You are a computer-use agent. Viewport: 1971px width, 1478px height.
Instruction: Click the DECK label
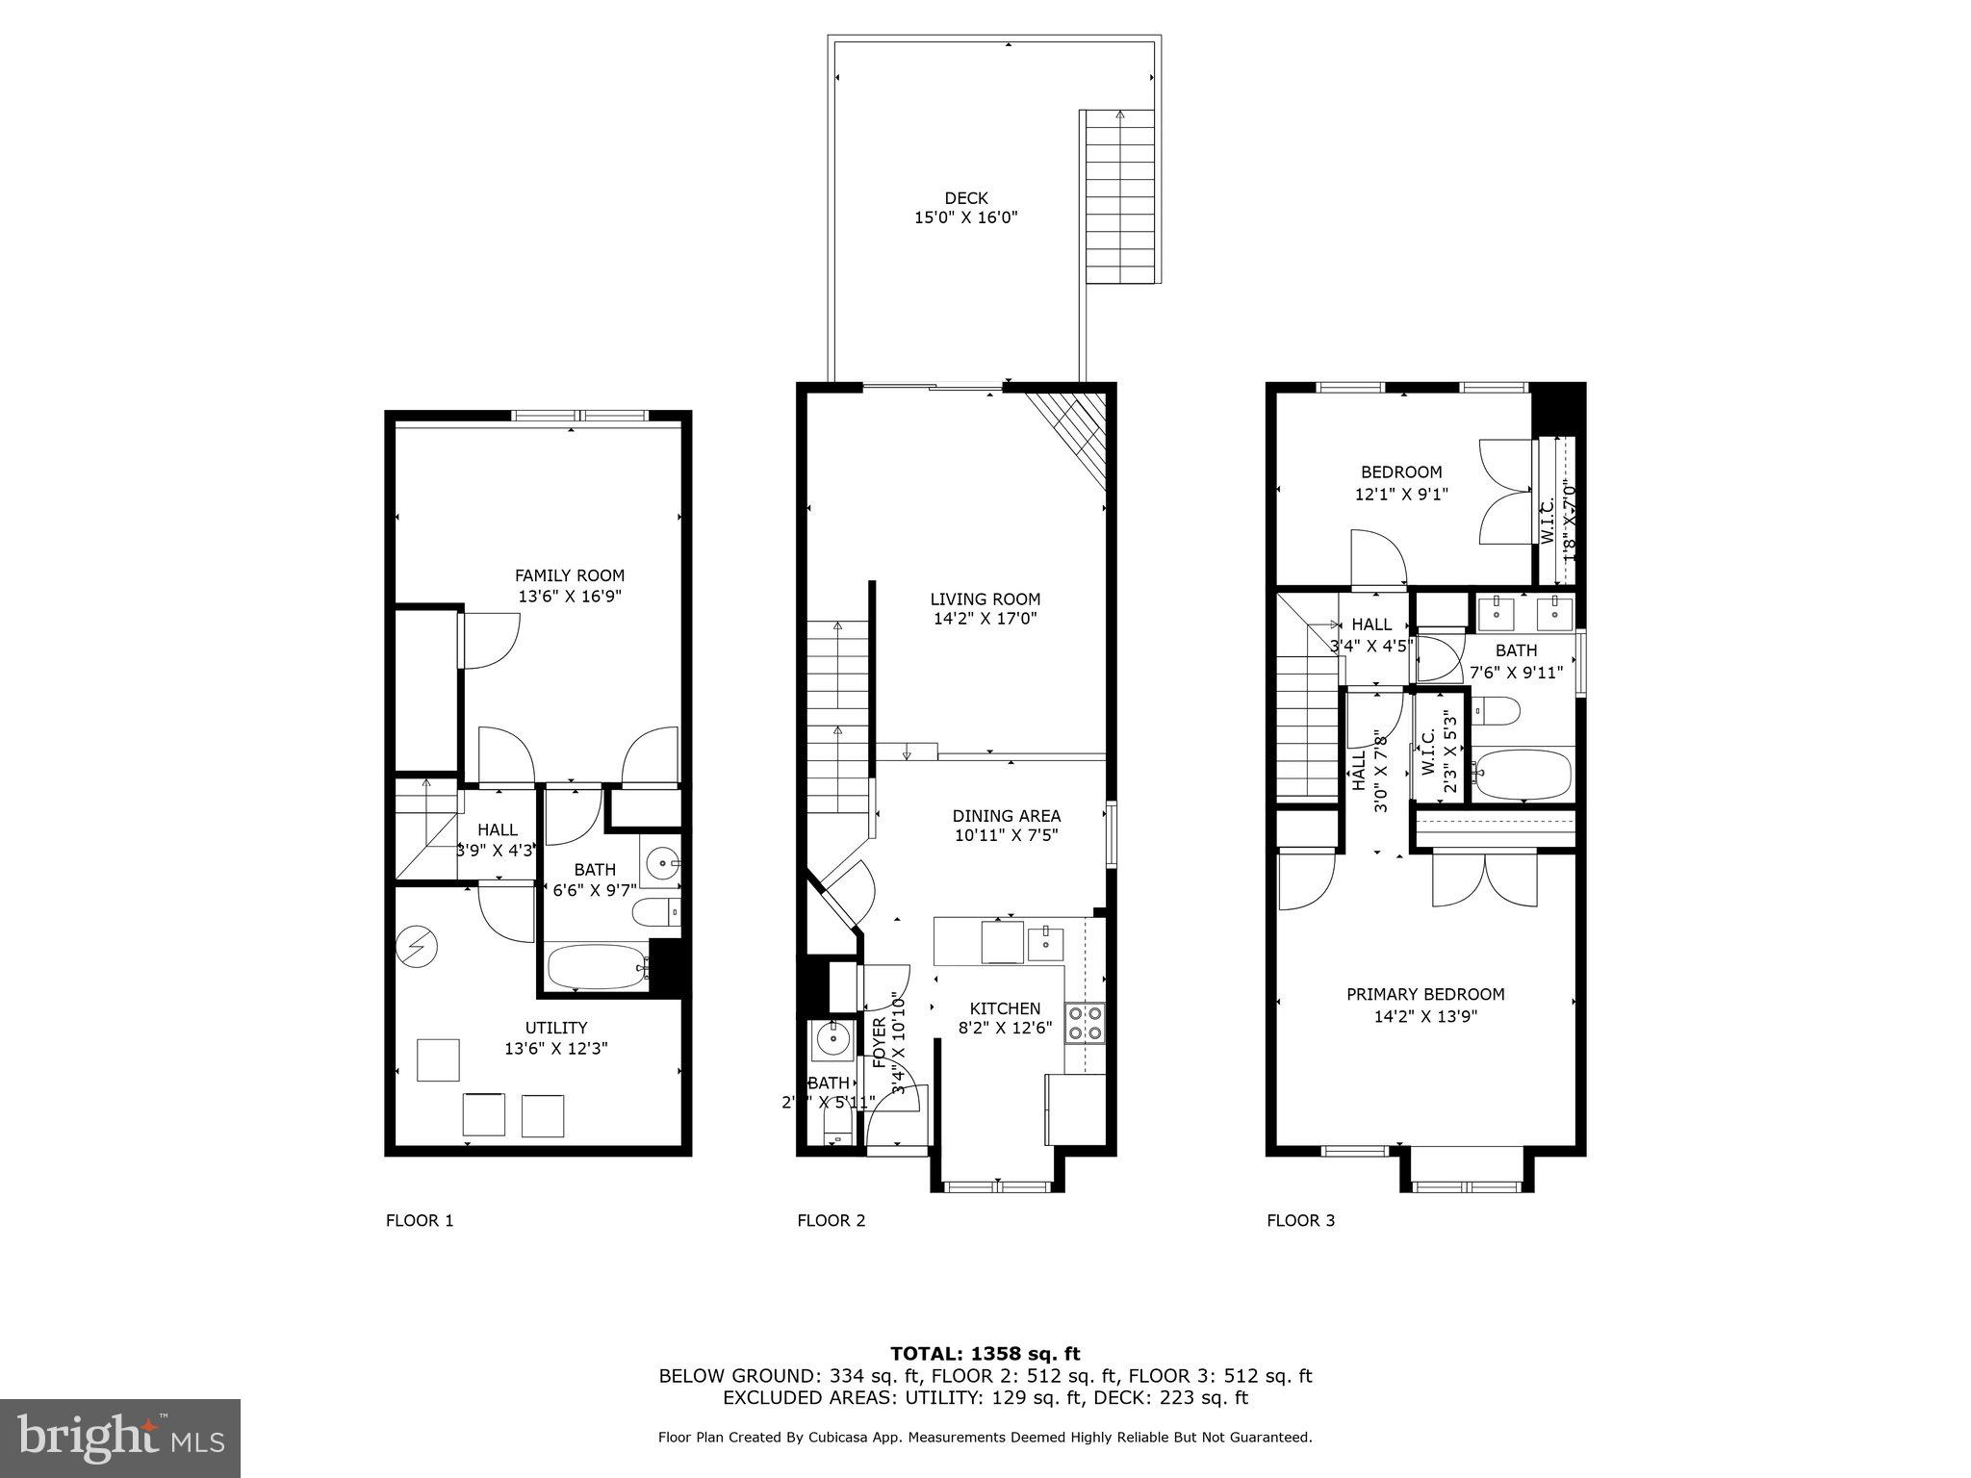pyautogui.click(x=965, y=198)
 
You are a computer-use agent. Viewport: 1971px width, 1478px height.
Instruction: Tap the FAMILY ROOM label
pyautogui.click(x=570, y=575)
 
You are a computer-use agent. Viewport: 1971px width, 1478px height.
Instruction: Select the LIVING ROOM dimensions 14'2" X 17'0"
pyautogui.click(x=985, y=619)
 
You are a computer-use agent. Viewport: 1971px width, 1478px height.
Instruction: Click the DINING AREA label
pyautogui.click(x=1006, y=816)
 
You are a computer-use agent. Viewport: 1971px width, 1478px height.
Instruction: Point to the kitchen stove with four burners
pyautogui.click(x=1085, y=1022)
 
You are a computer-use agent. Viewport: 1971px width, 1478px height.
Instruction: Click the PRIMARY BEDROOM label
pyautogui.click(x=1424, y=994)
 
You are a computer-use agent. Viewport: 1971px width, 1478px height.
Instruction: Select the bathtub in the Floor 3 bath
pyautogui.click(x=1523, y=776)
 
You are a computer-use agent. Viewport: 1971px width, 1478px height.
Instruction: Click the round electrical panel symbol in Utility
pyautogui.click(x=418, y=948)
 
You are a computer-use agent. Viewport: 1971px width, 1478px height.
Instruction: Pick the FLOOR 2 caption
pyautogui.click(x=831, y=1221)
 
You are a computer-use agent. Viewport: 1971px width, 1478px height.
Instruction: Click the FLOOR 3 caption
pyautogui.click(x=1300, y=1221)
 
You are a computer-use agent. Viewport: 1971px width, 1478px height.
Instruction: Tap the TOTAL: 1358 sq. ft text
pyautogui.click(x=985, y=1354)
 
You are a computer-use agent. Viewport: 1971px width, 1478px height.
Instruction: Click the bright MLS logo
pyautogui.click(x=120, y=1439)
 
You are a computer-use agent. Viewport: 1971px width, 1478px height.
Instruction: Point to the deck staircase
pyautogui.click(x=1120, y=196)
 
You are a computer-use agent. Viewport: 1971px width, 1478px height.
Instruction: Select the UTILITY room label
pyautogui.click(x=555, y=1028)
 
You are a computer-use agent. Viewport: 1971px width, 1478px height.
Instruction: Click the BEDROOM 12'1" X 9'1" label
pyautogui.click(x=1400, y=482)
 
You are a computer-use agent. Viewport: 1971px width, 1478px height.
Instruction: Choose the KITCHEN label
pyautogui.click(x=1004, y=1008)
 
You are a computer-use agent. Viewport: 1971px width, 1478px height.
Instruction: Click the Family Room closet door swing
pyautogui.click(x=489, y=638)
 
